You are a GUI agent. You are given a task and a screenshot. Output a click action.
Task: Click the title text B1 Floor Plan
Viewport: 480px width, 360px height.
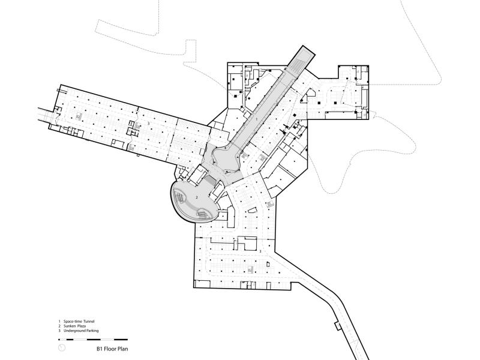point(112,349)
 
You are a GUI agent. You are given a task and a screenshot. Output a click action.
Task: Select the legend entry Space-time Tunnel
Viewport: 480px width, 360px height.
point(79,322)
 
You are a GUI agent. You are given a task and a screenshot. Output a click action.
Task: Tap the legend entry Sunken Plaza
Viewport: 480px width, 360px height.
point(74,326)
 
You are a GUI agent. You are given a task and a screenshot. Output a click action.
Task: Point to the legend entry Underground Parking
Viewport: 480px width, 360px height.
point(81,331)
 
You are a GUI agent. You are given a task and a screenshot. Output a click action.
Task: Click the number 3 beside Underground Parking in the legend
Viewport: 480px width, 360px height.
point(59,331)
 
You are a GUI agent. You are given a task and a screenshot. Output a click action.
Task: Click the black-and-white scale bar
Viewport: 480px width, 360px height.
point(93,340)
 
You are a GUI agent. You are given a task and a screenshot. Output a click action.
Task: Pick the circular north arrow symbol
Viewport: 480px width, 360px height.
point(62,348)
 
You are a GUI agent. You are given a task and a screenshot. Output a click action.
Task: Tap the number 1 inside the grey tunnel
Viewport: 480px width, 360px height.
point(257,118)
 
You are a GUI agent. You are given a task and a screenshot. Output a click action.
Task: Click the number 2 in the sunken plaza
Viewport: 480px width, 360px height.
point(197,197)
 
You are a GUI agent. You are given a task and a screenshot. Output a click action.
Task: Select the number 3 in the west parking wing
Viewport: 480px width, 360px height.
point(149,123)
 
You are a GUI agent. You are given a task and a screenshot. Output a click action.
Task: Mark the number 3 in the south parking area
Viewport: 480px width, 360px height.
point(260,251)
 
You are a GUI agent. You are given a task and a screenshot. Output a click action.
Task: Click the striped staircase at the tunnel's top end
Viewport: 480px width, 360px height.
point(296,67)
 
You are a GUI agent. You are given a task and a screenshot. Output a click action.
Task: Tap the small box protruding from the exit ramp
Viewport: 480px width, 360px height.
point(338,326)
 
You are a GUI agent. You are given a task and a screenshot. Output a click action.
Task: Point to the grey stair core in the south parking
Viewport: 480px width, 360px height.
point(250,269)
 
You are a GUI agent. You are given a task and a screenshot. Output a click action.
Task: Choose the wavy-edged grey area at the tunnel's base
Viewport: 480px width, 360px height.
point(225,158)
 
